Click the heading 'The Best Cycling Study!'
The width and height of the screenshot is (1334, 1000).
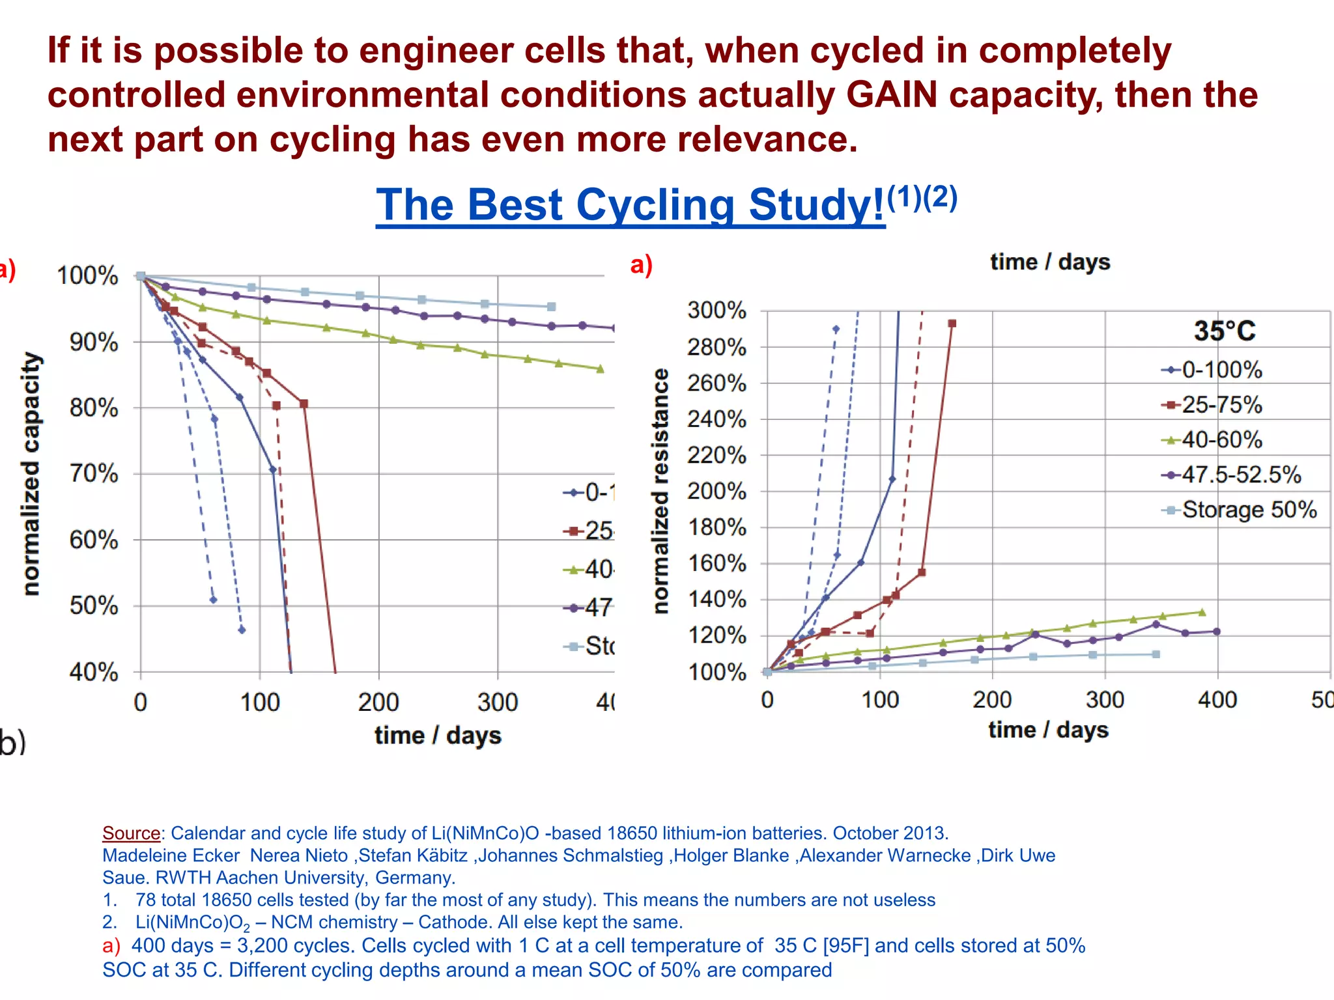630,206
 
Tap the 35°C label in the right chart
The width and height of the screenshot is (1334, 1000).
1224,331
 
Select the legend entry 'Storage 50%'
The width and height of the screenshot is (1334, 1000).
1249,510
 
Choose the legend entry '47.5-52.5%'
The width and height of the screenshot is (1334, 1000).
1240,475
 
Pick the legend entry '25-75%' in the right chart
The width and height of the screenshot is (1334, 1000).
1221,405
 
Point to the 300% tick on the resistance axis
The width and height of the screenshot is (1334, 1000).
717,310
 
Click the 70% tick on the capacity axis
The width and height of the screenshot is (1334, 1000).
94,473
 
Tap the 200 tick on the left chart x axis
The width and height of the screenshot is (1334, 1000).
378,702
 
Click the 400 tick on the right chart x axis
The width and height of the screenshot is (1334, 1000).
1217,700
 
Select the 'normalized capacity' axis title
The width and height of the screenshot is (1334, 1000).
31,473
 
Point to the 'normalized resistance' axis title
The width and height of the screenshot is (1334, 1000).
660,491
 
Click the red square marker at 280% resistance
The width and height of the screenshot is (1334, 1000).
952,324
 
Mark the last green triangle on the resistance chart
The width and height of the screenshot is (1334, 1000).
1202,612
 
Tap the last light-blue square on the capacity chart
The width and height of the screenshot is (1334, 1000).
551,307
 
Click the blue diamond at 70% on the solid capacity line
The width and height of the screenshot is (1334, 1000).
273,469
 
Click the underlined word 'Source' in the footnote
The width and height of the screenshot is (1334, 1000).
131,833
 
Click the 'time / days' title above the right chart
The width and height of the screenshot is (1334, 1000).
1049,262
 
